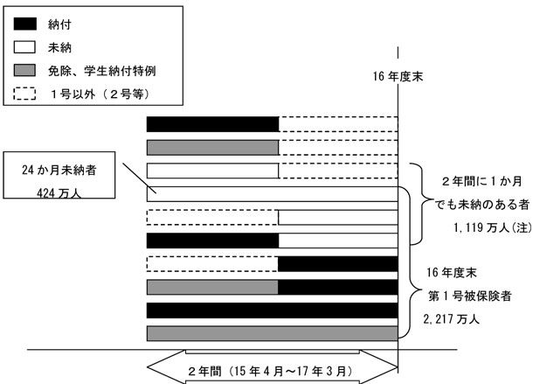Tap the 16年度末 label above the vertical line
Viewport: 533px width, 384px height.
coord(398,77)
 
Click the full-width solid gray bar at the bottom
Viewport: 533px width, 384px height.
coord(272,332)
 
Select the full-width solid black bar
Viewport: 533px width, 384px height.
coord(272,310)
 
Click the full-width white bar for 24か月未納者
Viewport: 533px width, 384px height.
coord(272,194)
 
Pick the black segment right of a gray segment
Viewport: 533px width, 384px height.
coord(337,287)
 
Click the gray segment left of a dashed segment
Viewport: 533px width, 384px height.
coord(212,147)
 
